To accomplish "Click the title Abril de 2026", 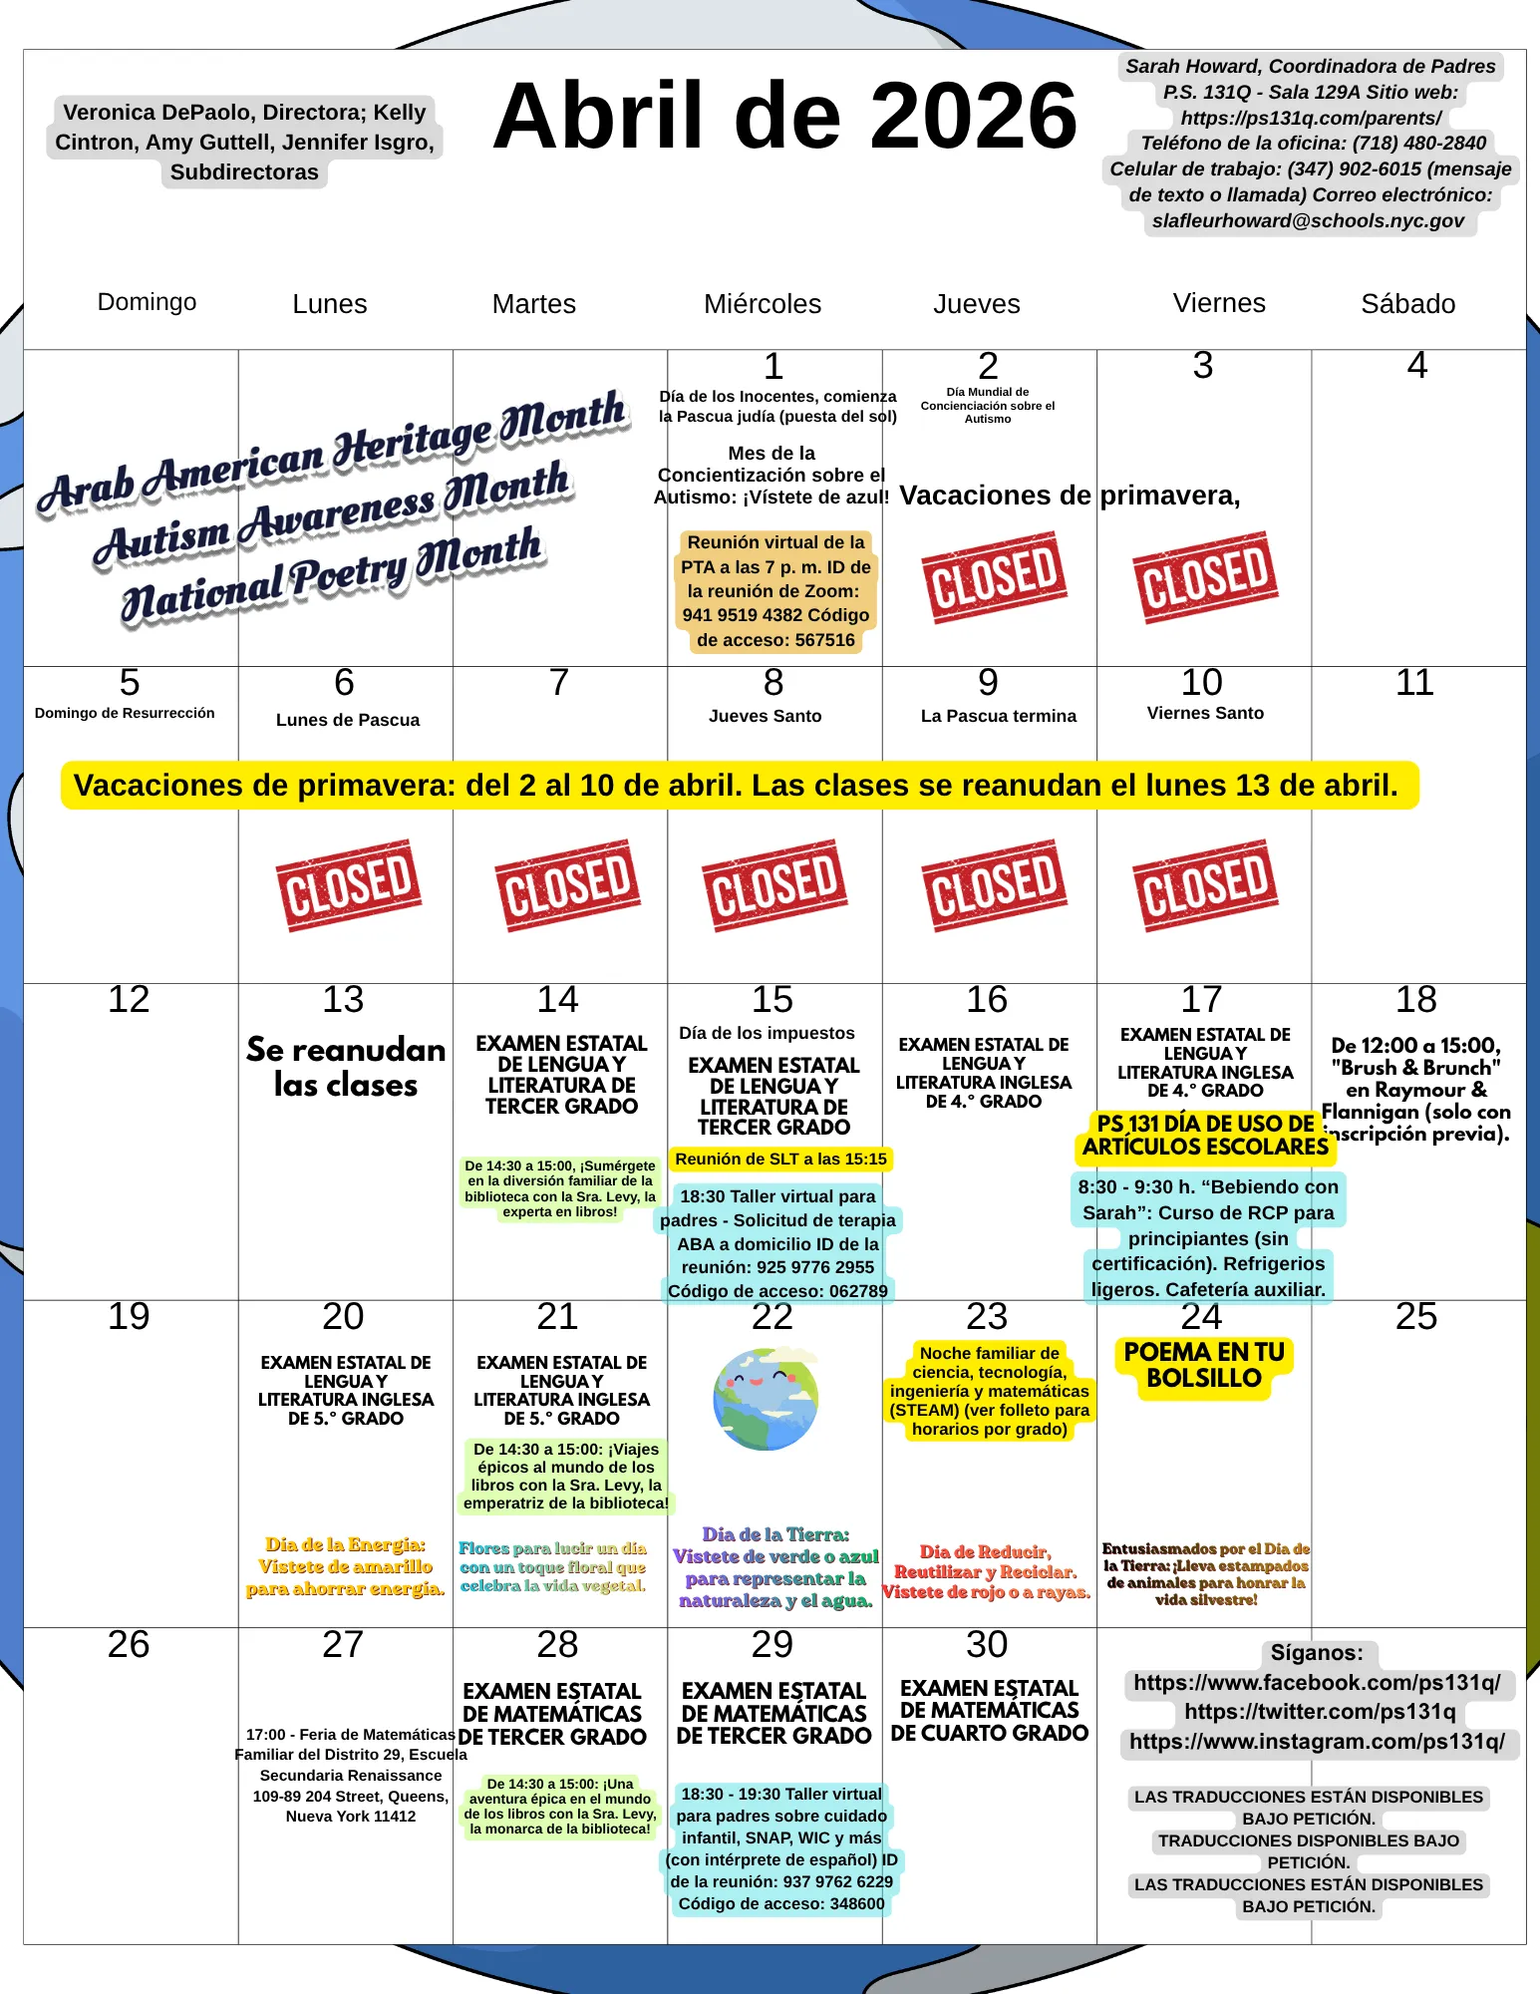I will pos(784,117).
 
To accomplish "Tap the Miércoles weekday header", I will pos(763,304).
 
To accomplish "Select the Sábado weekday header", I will pos(1407,304).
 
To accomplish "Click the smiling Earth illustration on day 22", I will pos(766,1398).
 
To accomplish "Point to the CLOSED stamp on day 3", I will pos(1204,577).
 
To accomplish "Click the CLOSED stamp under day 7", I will pos(567,884).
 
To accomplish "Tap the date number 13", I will pos(343,1000).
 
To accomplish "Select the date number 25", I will pos(1415,1317).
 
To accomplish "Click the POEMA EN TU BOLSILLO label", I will pos(1204,1366).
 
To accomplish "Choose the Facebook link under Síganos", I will pos(1317,1683).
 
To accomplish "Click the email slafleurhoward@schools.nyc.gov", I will pos(1308,220).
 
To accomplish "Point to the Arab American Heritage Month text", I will pos(332,454).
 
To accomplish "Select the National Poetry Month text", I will pos(332,576).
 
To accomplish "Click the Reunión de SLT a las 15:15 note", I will pos(780,1159).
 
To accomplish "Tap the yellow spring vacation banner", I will pos(738,786).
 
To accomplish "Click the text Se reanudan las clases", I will pos(346,1067).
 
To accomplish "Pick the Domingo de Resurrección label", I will pos(125,713).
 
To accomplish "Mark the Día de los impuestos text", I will pos(767,1033).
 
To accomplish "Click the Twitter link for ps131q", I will pos(1320,1712).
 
